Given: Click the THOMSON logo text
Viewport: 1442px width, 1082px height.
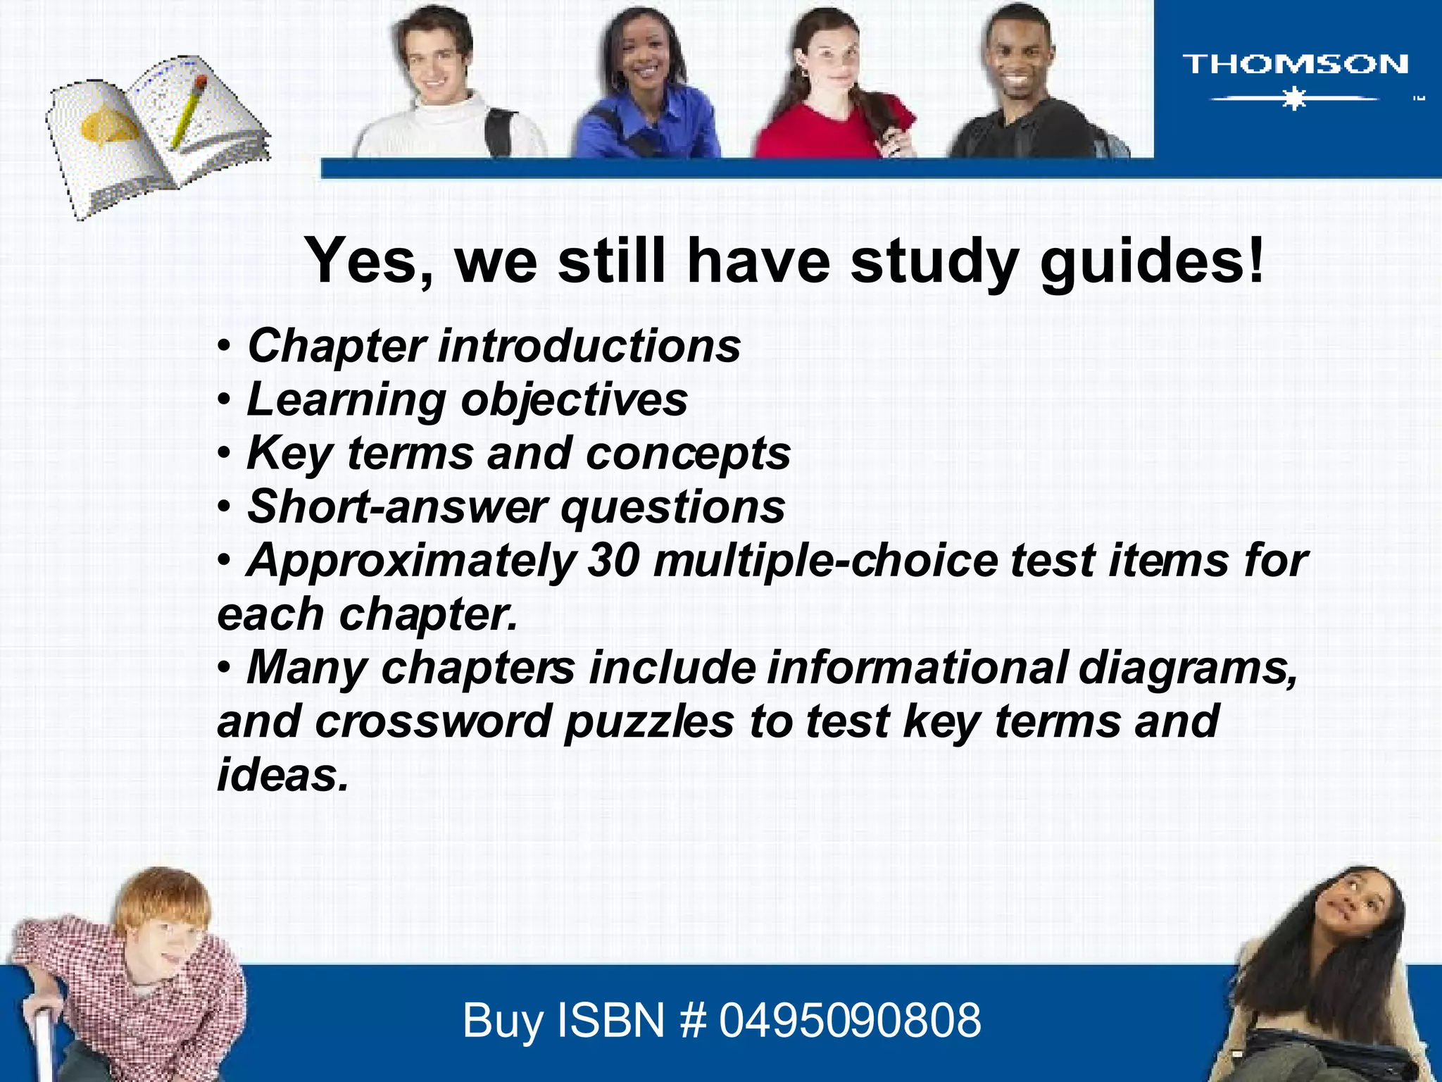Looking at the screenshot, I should (1294, 64).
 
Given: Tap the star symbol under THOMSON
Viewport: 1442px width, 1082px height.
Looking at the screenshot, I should (1294, 99).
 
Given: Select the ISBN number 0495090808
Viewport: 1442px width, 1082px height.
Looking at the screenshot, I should (849, 1020).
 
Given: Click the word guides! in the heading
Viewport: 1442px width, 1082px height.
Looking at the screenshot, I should (1152, 261).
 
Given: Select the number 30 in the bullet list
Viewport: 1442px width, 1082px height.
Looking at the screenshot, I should (613, 560).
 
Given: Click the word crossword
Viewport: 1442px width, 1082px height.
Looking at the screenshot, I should (433, 721).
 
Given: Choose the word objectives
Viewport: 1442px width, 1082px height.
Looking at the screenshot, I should (574, 400).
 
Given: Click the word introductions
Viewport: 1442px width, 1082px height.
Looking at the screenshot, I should (589, 346).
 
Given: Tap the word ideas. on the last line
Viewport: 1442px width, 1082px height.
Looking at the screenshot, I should (282, 775).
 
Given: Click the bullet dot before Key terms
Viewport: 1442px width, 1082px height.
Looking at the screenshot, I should (224, 454).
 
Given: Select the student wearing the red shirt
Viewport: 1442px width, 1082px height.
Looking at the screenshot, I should (834, 85).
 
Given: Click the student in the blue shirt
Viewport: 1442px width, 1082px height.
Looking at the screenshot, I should (644, 85).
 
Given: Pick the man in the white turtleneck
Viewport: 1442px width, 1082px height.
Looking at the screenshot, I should (444, 85).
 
